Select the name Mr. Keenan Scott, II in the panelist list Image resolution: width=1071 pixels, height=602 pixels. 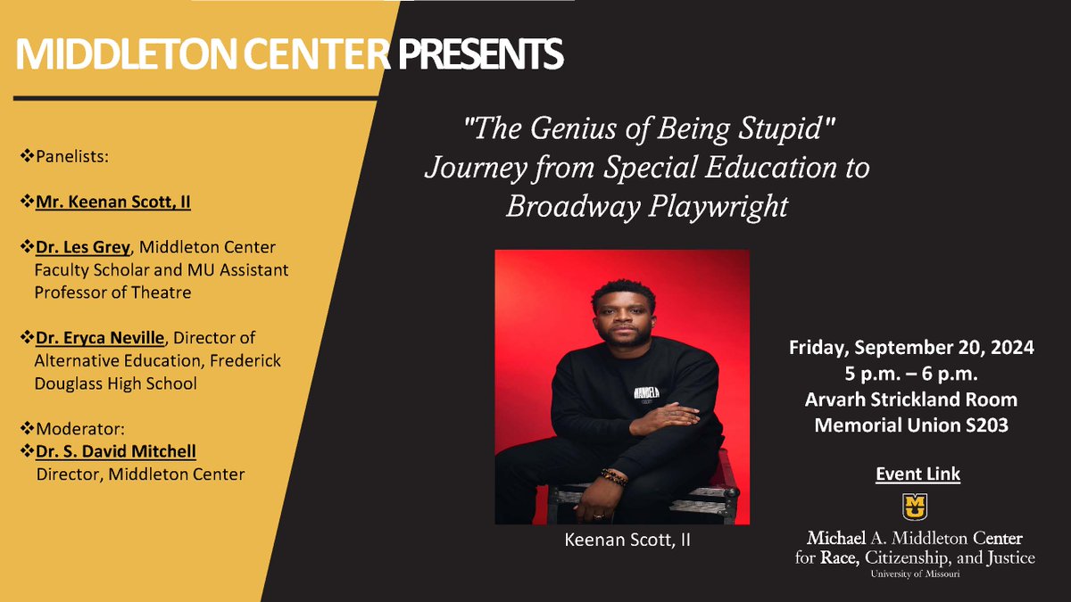click(x=113, y=202)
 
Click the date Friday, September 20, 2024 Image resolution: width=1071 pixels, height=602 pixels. click(x=911, y=348)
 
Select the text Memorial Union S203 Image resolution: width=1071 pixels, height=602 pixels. click(x=911, y=425)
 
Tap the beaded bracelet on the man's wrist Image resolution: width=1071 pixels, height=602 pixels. click(x=614, y=477)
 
